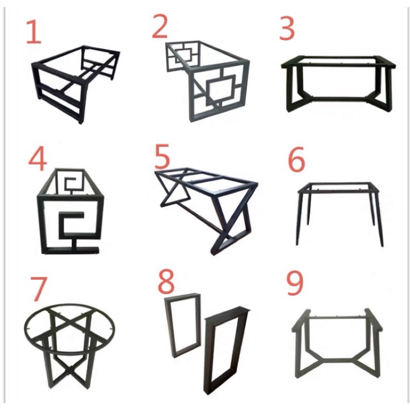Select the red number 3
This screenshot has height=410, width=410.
coord(287,29)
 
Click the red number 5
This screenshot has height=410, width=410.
coord(162,157)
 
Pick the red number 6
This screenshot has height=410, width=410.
coord(297,159)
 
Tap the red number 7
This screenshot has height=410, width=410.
coord(38,289)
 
